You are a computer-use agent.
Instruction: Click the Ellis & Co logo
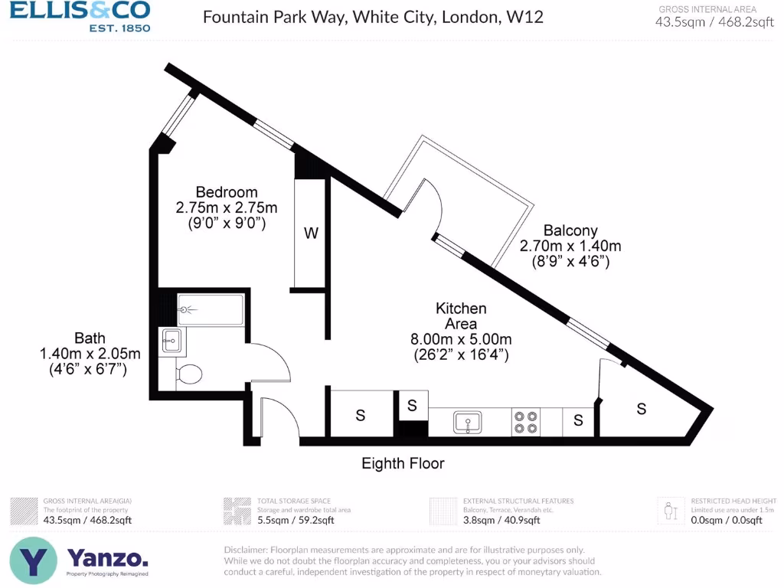click(80, 16)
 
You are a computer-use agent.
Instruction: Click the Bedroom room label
click(227, 191)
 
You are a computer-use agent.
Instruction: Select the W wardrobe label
click(311, 234)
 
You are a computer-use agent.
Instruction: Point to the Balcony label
click(570, 230)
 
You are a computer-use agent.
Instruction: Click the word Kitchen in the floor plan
click(461, 308)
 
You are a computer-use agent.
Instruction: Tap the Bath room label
click(90, 338)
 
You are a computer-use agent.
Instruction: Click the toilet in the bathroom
click(188, 374)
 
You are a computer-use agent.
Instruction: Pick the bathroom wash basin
click(171, 341)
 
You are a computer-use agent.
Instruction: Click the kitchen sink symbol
click(467, 422)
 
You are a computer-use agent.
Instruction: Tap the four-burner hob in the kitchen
click(526, 422)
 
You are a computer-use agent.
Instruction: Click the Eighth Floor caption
click(403, 463)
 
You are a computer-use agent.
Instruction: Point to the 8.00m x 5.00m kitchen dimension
click(461, 339)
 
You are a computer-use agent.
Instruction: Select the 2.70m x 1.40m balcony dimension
click(570, 246)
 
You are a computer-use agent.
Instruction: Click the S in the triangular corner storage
click(642, 409)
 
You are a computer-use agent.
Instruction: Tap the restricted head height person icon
click(671, 509)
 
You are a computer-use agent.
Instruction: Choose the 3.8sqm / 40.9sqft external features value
click(501, 521)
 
